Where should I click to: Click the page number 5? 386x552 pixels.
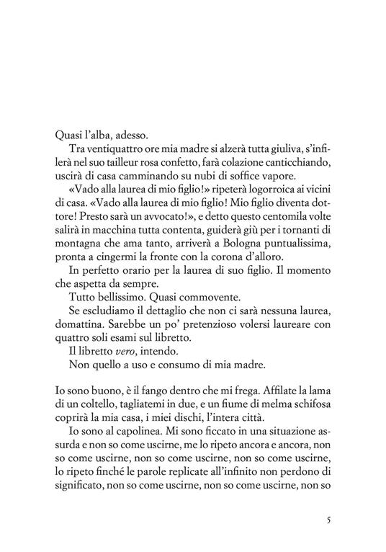point(328,520)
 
